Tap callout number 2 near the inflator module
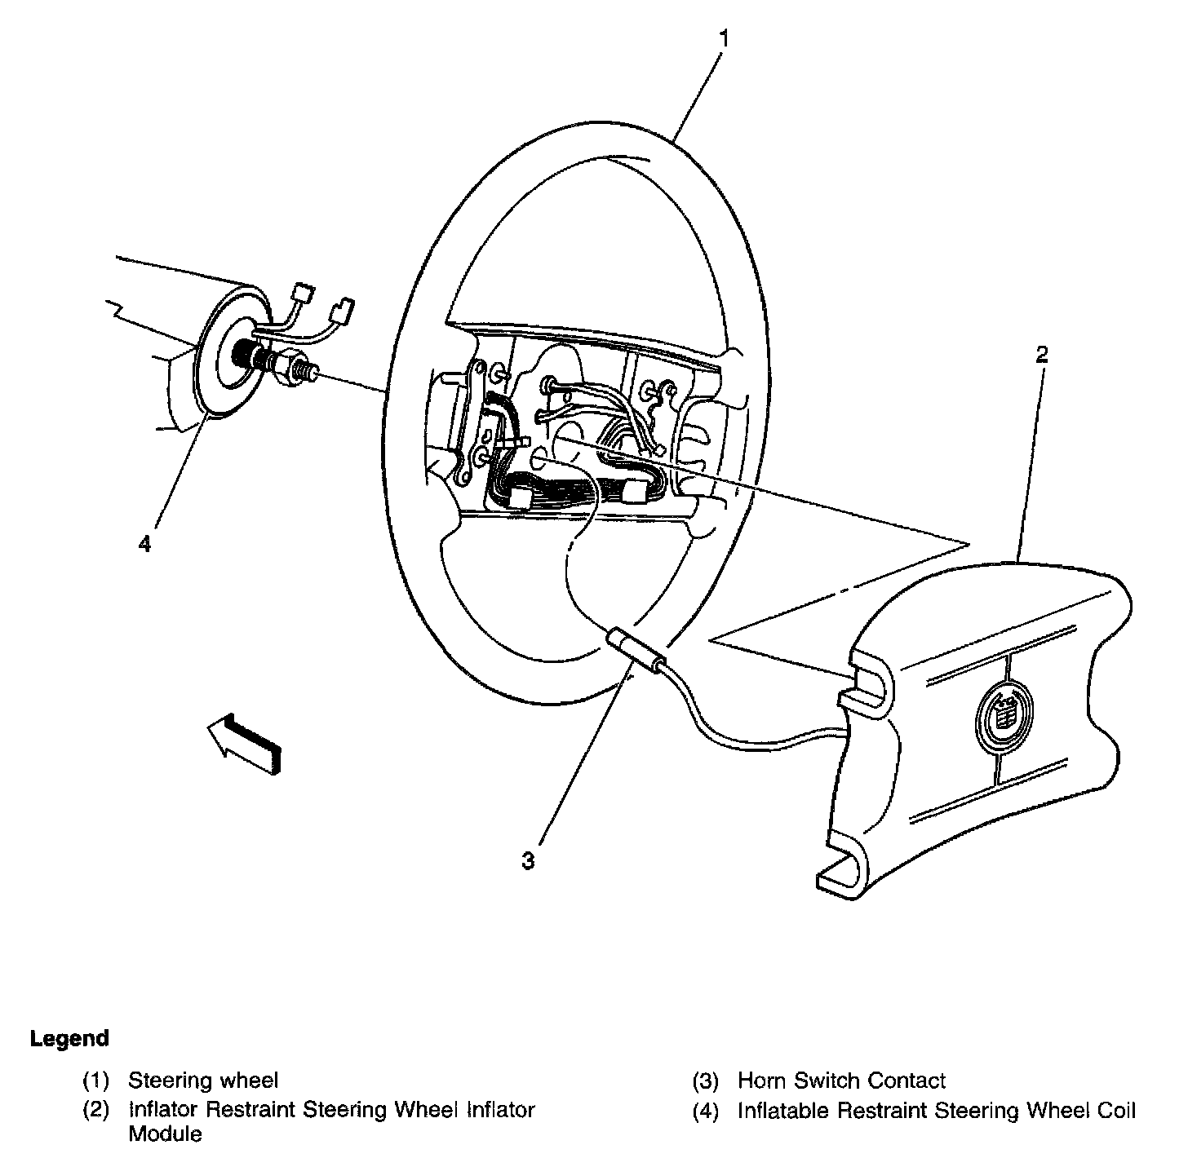click(1042, 355)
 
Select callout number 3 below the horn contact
click(529, 860)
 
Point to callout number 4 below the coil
click(144, 544)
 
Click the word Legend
click(69, 1039)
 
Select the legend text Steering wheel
click(203, 1081)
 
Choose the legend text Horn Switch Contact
click(841, 1081)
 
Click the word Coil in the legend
click(1113, 1111)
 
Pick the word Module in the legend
click(166, 1134)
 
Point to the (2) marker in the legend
click(96, 1111)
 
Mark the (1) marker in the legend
click(96, 1081)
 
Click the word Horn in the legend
click(762, 1081)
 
